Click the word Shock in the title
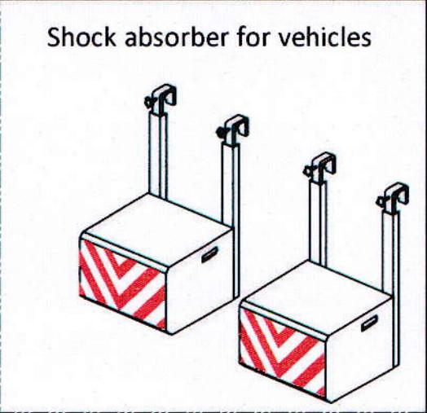pos(81,37)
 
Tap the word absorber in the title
pos(177,37)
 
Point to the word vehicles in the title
pos(326,37)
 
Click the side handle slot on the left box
pos(209,254)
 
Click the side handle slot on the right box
pos(369,323)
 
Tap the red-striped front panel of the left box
pos(122,284)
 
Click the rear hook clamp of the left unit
pos(161,99)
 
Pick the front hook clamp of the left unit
pos(233,130)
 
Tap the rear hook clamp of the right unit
pos(320,168)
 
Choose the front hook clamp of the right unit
pos(392,197)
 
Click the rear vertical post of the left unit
pos(158,156)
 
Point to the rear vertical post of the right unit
pos(318,223)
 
